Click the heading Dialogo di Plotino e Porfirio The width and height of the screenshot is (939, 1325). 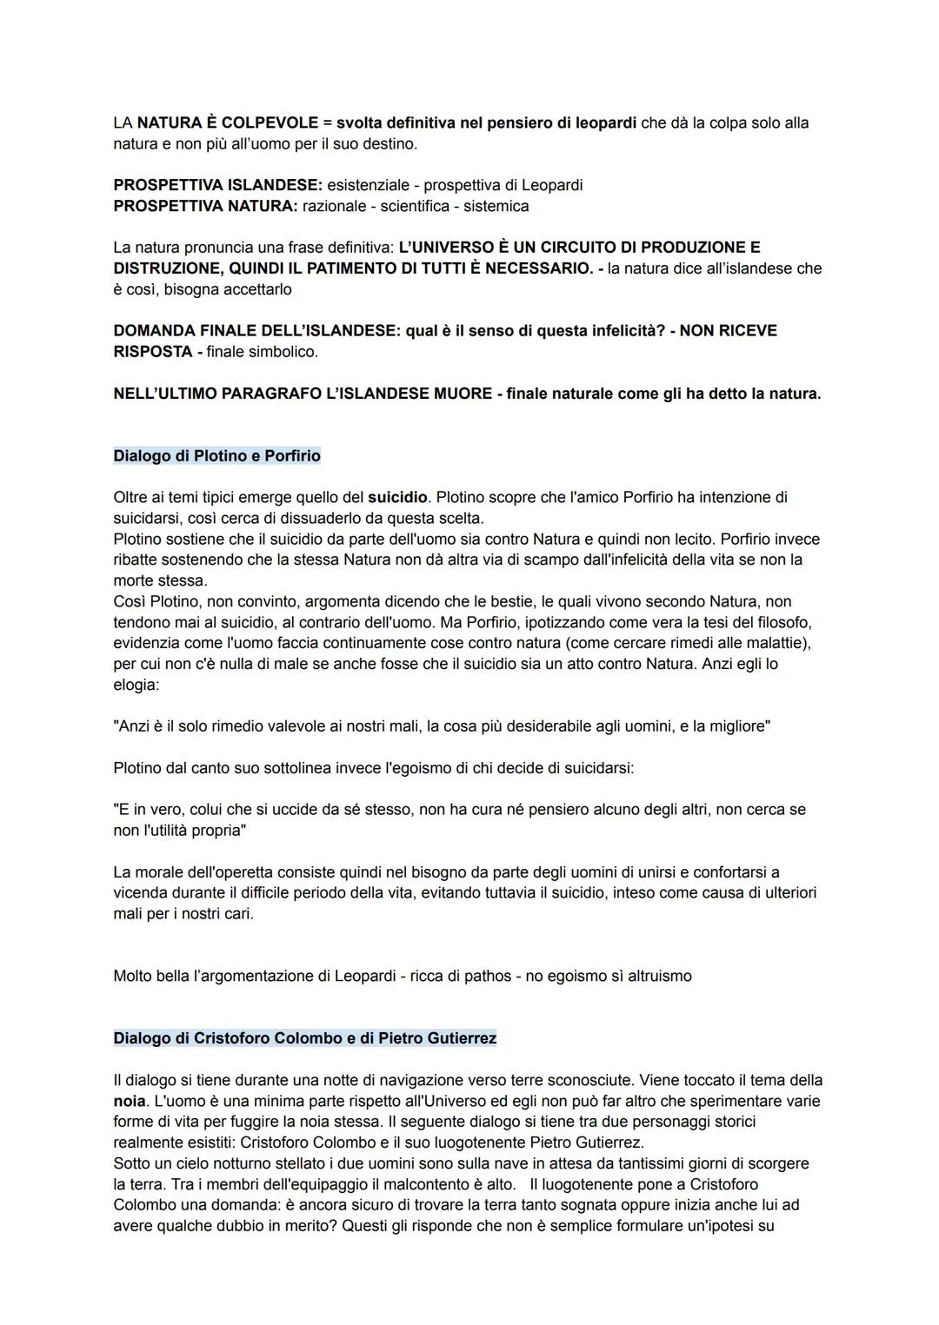pos(216,456)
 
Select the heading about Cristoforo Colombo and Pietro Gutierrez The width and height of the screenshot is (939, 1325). pos(304,1038)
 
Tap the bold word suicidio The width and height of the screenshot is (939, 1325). pos(397,498)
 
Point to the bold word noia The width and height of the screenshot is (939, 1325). pos(129,1101)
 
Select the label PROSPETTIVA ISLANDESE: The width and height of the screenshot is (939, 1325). pos(217,185)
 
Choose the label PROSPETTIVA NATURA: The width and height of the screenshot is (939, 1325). pos(205,206)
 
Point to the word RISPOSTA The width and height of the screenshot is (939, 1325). pos(153,352)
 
